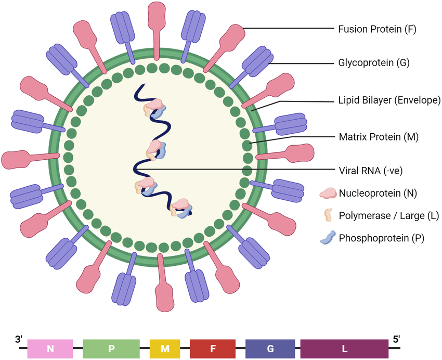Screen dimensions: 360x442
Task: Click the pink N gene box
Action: [x=50, y=349]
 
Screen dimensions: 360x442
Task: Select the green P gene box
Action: [x=111, y=349]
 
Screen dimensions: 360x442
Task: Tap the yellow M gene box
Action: [x=165, y=349]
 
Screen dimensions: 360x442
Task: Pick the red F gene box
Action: [x=213, y=349]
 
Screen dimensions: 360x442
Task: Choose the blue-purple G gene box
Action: [x=270, y=349]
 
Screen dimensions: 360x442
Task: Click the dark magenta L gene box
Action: [x=344, y=349]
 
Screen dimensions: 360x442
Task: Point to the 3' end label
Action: [x=19, y=339]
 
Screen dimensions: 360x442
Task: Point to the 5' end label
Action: [x=396, y=339]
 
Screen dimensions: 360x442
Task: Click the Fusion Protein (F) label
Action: [x=371, y=29]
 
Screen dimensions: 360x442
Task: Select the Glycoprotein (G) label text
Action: [x=367, y=64]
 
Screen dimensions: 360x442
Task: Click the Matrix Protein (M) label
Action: [x=371, y=137]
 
